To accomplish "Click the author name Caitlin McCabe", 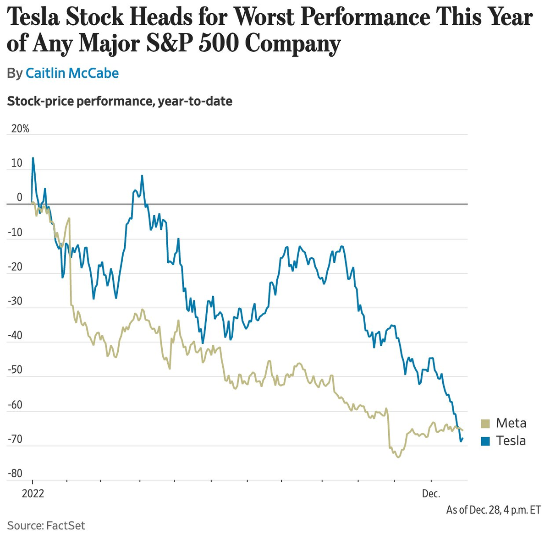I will click(x=72, y=73).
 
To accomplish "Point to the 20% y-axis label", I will click(x=20, y=129).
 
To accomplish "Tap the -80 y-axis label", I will click(x=15, y=473).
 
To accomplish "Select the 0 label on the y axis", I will click(x=19, y=197).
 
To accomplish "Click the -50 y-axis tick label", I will click(x=15, y=370).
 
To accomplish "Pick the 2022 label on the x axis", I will click(x=33, y=494).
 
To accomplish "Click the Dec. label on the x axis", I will click(x=431, y=494).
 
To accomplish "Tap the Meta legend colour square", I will click(x=485, y=423).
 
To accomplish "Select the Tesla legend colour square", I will click(x=485, y=441).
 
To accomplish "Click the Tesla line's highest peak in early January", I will click(x=33, y=158).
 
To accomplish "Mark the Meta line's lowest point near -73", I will click(x=398, y=457).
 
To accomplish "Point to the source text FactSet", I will click(x=66, y=525).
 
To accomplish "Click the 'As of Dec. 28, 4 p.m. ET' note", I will click(x=493, y=510).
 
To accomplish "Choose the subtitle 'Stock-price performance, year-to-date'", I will click(x=120, y=101).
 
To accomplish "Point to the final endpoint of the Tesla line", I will click(x=462, y=438).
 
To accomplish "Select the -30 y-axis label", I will click(x=15, y=301).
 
